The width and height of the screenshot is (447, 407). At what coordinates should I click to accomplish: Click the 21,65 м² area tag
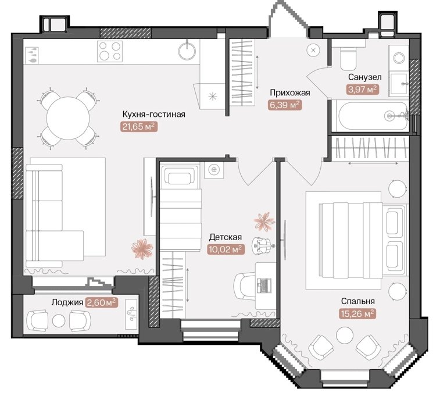tap(139, 126)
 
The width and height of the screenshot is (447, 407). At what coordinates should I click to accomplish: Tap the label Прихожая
tap(290, 92)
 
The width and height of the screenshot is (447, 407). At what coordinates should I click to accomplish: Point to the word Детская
tap(225, 237)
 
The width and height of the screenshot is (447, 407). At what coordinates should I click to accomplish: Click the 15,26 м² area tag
tap(357, 314)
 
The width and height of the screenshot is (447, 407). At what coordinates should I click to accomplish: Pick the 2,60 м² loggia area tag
tap(102, 302)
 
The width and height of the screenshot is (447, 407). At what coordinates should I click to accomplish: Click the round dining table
tap(68, 118)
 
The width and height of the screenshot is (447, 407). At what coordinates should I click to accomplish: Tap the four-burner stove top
tap(110, 51)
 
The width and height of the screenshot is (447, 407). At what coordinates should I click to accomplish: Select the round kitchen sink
tap(187, 51)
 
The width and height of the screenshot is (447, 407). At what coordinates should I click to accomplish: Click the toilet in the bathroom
tap(348, 59)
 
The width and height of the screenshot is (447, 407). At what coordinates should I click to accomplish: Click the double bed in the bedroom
tap(362, 240)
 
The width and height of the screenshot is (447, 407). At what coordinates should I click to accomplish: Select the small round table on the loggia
tap(59, 320)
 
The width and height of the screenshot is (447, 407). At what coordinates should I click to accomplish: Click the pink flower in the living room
tap(142, 249)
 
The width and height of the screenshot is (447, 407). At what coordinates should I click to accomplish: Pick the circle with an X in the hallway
tap(313, 50)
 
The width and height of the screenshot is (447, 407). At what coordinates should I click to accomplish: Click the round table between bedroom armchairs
tap(345, 335)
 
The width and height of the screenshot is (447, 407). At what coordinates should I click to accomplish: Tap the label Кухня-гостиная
tap(153, 114)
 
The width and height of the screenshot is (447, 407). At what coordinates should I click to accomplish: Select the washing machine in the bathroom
tap(399, 58)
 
